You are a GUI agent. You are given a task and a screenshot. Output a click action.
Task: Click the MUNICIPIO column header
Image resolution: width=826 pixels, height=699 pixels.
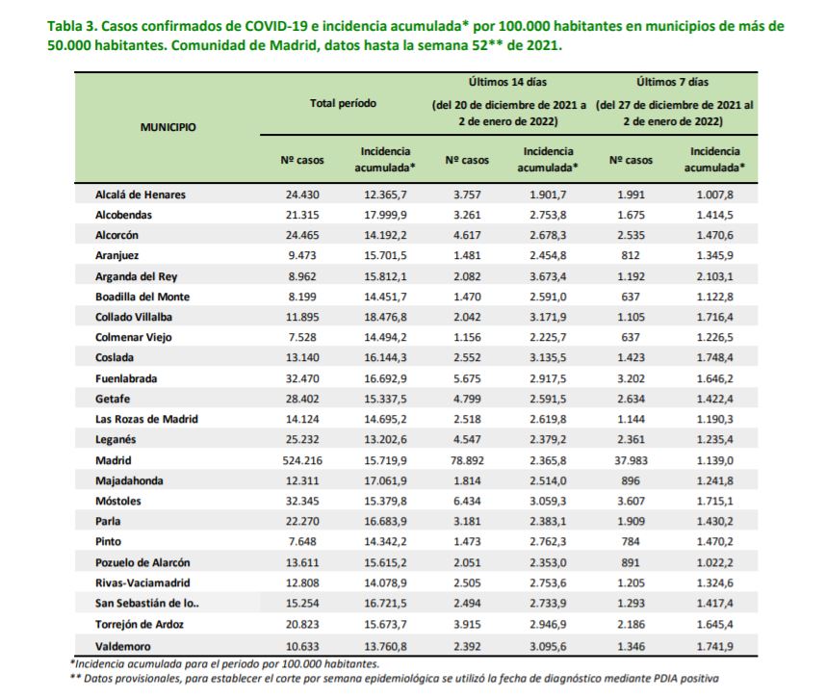click(168, 127)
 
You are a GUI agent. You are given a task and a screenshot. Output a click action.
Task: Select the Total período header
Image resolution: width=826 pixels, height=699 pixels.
click(343, 103)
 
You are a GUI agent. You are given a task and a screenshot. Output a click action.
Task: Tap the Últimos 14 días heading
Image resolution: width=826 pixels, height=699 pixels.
click(507, 82)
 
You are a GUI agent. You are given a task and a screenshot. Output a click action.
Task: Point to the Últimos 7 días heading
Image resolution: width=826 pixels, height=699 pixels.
click(673, 82)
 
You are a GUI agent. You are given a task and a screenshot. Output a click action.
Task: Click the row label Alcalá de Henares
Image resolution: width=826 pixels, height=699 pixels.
click(141, 194)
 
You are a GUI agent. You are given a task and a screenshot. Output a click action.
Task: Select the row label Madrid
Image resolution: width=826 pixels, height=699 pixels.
click(114, 460)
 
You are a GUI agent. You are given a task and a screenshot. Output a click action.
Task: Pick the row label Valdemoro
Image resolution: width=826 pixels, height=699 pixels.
click(122, 646)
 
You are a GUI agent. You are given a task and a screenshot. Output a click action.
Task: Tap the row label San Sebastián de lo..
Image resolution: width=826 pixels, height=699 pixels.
click(147, 603)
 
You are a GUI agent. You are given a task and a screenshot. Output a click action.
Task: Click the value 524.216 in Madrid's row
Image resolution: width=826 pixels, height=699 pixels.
click(302, 460)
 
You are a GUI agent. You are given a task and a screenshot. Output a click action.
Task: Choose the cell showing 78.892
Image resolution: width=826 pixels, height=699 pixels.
click(467, 460)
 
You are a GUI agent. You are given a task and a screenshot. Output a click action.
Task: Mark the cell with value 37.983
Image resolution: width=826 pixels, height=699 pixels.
click(631, 460)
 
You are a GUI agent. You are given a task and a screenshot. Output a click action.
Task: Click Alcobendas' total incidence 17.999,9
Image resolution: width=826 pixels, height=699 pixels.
click(386, 215)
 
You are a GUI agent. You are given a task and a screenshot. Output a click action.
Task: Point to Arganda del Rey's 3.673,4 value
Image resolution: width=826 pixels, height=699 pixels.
click(548, 276)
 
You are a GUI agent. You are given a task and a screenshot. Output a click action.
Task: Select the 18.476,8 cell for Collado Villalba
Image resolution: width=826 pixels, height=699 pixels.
click(386, 317)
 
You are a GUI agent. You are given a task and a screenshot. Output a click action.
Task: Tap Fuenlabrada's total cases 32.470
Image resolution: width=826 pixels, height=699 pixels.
click(302, 378)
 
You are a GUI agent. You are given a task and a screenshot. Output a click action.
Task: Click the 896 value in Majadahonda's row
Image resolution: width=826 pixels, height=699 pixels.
click(631, 481)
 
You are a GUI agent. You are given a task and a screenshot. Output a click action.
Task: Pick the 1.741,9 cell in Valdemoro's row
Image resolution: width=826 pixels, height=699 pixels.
click(715, 646)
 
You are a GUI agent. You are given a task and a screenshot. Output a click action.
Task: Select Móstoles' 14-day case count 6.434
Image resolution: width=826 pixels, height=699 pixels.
click(467, 501)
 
